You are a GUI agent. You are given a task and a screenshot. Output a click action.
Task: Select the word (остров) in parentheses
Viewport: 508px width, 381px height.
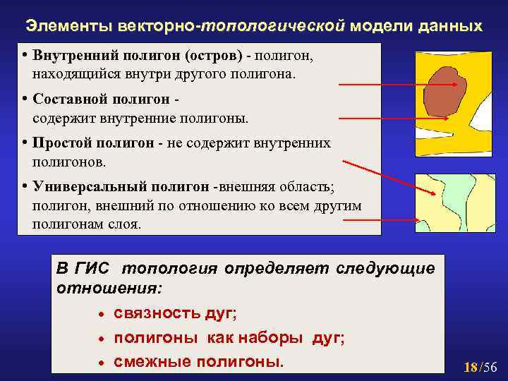[x=213, y=56]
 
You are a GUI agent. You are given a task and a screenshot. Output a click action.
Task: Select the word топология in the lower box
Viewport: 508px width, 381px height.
[x=168, y=269]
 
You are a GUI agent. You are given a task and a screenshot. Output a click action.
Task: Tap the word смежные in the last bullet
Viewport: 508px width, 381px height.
[x=150, y=362]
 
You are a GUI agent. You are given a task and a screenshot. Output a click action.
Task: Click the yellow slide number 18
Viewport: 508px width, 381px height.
[x=471, y=367]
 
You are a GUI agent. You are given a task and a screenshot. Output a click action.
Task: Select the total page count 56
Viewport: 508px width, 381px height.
[x=490, y=367]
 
